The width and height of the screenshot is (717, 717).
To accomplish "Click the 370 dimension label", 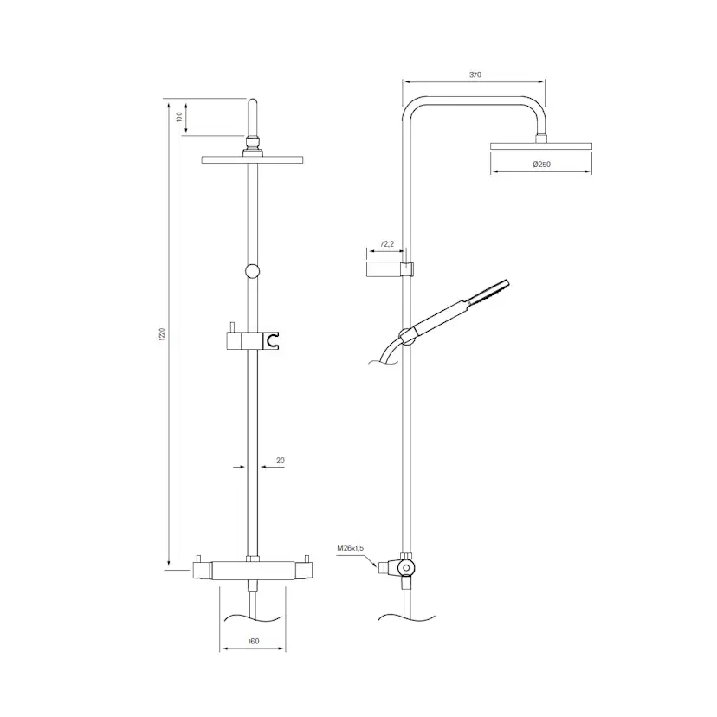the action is (x=475, y=74).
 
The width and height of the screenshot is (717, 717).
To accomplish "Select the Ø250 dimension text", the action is (x=541, y=165).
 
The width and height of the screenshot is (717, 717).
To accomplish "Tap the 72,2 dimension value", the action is (x=386, y=244).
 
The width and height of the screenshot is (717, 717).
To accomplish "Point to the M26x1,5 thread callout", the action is (x=350, y=548).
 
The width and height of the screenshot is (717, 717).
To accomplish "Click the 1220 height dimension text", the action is (x=162, y=334).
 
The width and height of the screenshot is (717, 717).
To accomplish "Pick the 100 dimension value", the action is (x=179, y=117).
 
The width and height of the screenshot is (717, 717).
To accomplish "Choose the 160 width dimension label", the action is (x=254, y=641).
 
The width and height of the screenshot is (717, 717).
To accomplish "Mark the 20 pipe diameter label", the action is (x=281, y=461).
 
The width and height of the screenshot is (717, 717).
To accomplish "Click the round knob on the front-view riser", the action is (x=252, y=271).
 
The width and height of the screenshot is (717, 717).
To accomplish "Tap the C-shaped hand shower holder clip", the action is (x=273, y=341).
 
